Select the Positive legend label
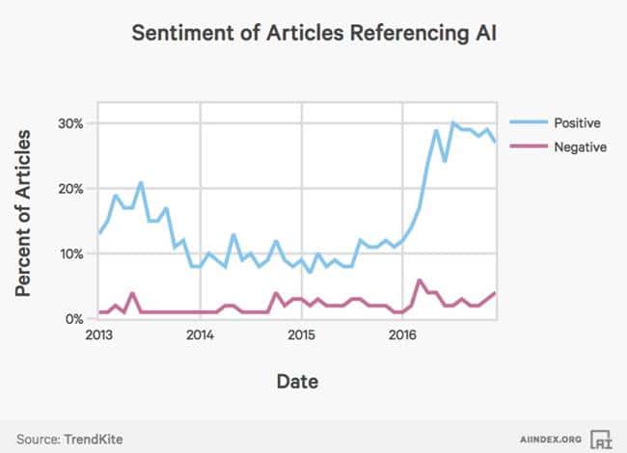[x=577, y=123]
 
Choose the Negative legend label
[x=580, y=147]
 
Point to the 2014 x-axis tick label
[x=200, y=336]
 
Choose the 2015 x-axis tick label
[x=302, y=336]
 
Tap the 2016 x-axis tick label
[x=403, y=336]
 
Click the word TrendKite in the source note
[x=94, y=440]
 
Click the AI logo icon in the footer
[x=600, y=439]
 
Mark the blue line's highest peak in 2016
[x=452, y=123]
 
